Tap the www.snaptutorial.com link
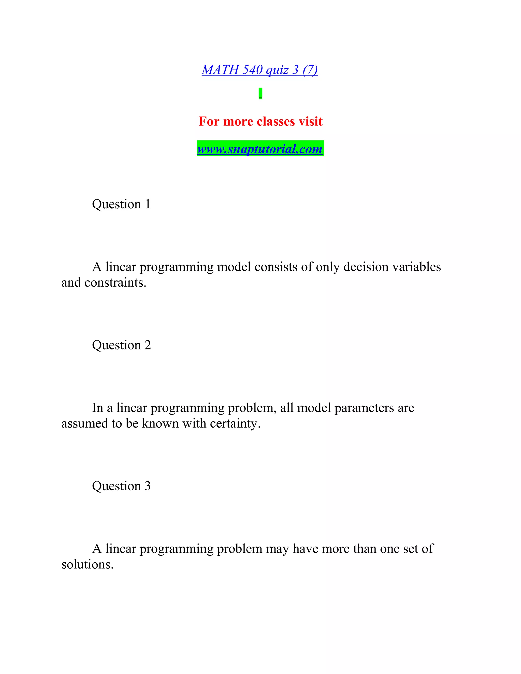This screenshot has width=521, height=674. (260, 149)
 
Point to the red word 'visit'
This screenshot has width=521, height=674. (310, 121)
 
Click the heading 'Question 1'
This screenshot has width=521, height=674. (121, 204)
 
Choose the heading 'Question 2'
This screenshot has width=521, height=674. (121, 345)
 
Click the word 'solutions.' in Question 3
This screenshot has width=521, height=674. (87, 564)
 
